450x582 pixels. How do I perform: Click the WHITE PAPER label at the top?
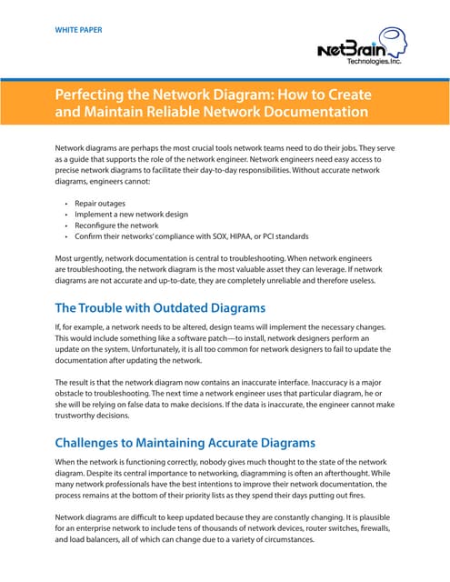pos(78,30)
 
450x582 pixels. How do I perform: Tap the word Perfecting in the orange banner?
pos(97,95)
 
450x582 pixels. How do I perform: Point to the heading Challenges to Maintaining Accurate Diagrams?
pos(185,443)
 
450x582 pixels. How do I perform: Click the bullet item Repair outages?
pos(101,204)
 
